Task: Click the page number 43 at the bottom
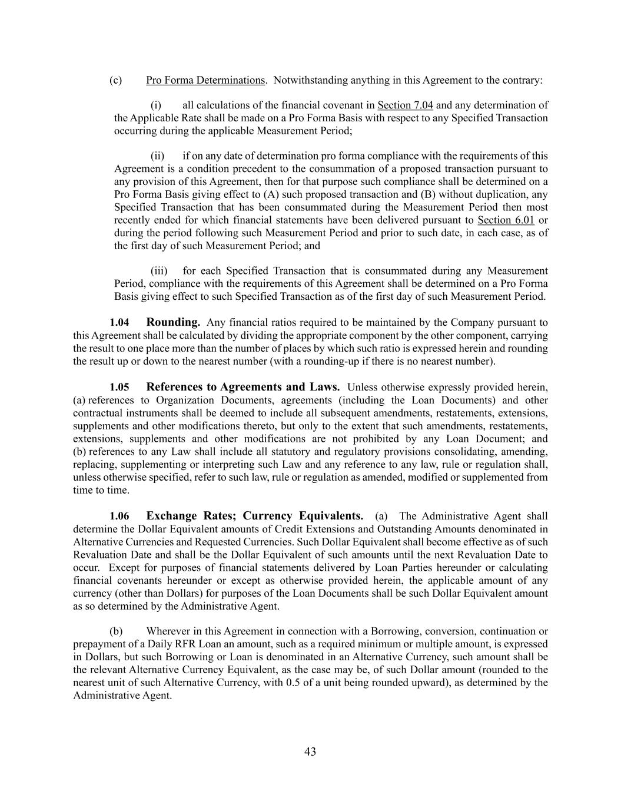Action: click(310, 752)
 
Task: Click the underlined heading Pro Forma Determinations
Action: click(205, 80)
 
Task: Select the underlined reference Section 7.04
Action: click(405, 105)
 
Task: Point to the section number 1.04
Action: click(119, 323)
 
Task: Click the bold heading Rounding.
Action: click(173, 322)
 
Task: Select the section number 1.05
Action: click(119, 388)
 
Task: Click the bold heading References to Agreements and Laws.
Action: click(243, 387)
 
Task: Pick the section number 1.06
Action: click(119, 517)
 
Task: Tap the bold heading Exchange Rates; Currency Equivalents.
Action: click(254, 516)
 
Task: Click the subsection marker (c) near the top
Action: click(115, 80)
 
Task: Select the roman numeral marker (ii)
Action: click(157, 156)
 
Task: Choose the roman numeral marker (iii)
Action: click(159, 271)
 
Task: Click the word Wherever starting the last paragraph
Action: click(167, 631)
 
